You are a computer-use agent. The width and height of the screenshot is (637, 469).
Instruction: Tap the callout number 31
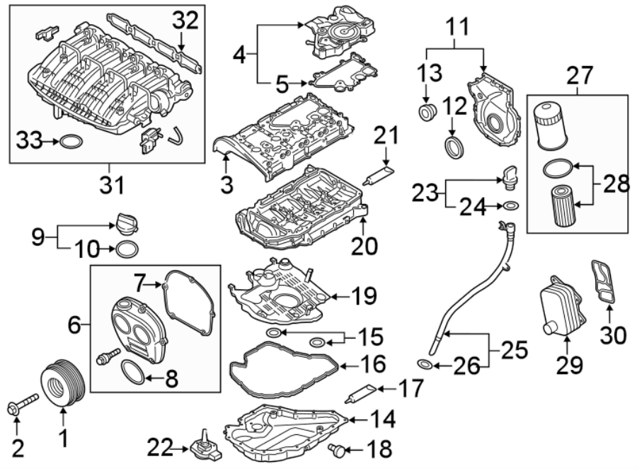coord(111,186)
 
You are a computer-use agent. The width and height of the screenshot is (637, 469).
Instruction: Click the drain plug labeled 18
coord(338,448)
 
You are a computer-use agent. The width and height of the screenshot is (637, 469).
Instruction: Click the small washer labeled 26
coord(423,365)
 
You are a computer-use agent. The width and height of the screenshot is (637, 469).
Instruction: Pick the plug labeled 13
coord(427,112)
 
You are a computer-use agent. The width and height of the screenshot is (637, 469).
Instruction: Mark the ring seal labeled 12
coord(454,147)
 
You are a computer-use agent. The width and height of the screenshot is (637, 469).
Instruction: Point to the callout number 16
coord(373,366)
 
